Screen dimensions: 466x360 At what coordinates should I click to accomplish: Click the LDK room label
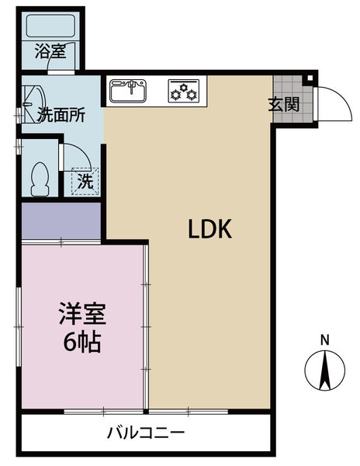pyautogui.click(x=206, y=229)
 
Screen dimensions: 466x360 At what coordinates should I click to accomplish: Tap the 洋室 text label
pyautogui.click(x=80, y=316)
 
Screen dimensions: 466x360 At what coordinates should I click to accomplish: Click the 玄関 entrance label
pyautogui.click(x=285, y=104)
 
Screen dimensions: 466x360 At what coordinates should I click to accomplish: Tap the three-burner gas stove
pyautogui.click(x=183, y=91)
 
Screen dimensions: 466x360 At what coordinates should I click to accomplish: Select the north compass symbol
pyautogui.click(x=325, y=371)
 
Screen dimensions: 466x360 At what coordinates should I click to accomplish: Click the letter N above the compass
pyautogui.click(x=325, y=339)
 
